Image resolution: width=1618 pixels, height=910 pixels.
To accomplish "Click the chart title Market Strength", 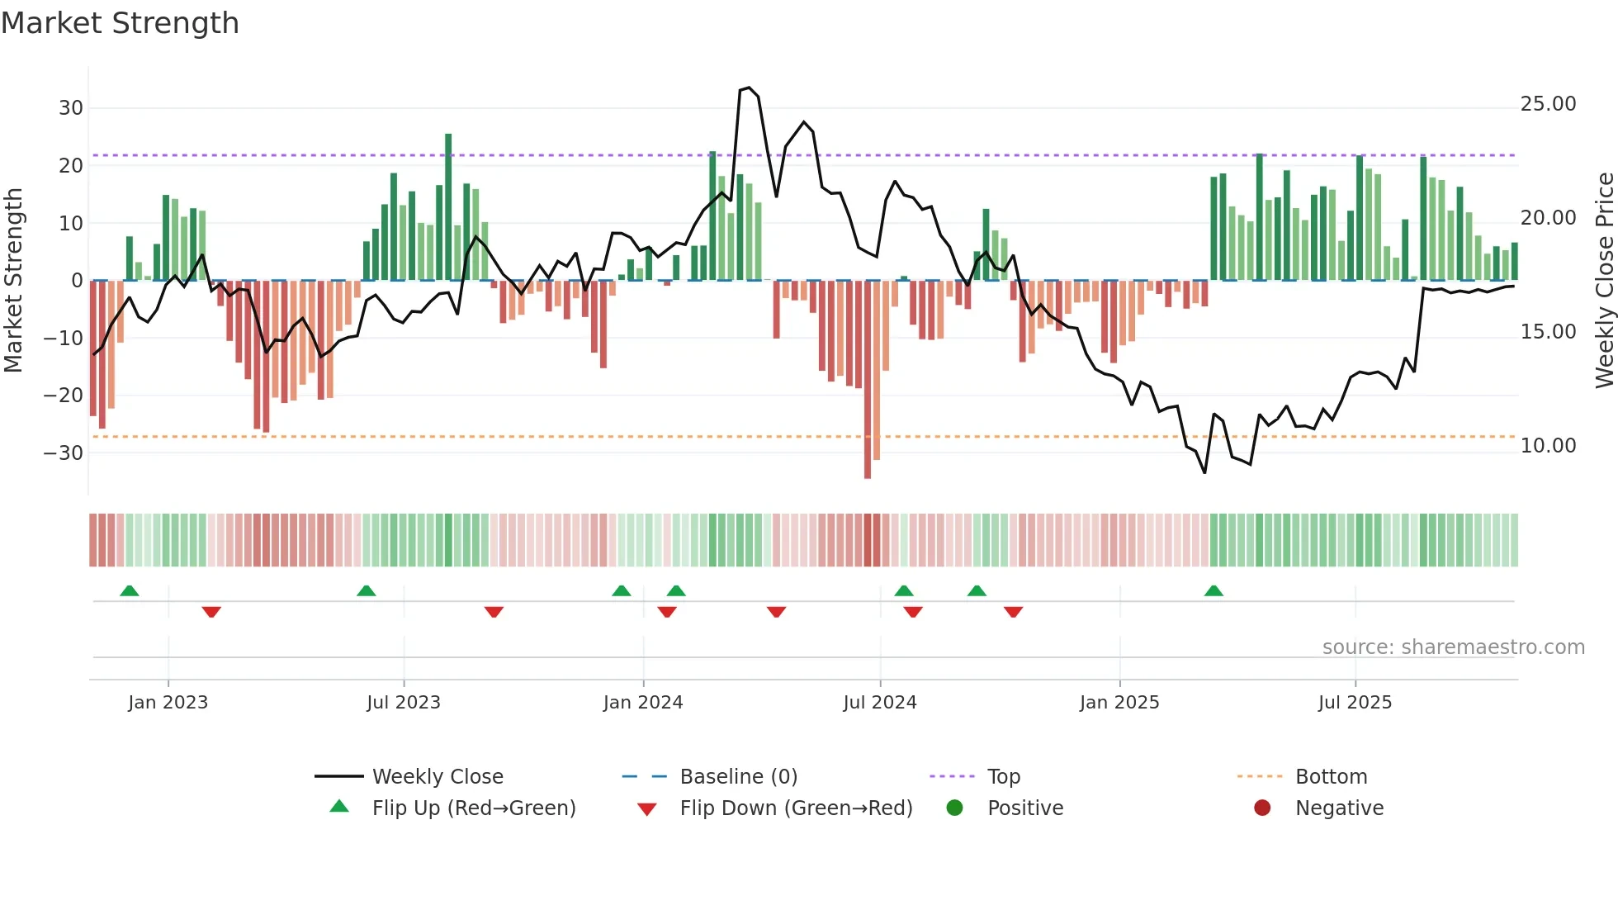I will [x=120, y=23].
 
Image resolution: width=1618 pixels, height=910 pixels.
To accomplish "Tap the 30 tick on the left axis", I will [x=71, y=108].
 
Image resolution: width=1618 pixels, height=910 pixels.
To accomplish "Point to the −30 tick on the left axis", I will [x=64, y=453].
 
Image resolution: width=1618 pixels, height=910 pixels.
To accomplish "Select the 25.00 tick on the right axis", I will [x=1548, y=104].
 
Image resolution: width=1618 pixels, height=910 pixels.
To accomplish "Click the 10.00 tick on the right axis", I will [x=1548, y=446].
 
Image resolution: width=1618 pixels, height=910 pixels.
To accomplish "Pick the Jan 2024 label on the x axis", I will [x=643, y=703].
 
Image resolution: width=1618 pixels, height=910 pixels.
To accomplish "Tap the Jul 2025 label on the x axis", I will [x=1355, y=703].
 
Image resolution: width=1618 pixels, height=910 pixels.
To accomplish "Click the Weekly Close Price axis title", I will [x=1604, y=281].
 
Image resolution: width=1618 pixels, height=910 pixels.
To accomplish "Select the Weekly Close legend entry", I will [x=438, y=777].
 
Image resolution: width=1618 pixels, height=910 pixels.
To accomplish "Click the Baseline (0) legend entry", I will [x=738, y=777].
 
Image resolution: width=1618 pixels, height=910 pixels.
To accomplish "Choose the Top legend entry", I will [x=1004, y=777].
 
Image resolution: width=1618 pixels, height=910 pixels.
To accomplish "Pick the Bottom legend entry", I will [x=1331, y=777].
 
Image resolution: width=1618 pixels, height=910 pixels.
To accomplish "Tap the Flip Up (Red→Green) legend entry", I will [x=474, y=808].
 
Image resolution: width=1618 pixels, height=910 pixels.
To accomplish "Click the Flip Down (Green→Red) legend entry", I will [x=796, y=808].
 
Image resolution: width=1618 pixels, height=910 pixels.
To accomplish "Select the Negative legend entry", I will [x=1339, y=808].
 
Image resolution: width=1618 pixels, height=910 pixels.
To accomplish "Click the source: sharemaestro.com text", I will [x=1453, y=647].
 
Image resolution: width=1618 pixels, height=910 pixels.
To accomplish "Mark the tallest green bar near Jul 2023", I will [x=448, y=206].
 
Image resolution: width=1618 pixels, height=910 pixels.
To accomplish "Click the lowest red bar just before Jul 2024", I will [x=868, y=380].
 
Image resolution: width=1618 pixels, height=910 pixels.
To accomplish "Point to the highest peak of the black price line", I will [x=748, y=88].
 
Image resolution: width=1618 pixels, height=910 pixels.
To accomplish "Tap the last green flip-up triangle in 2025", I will [x=1213, y=591].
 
